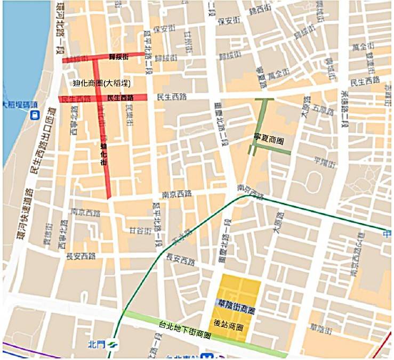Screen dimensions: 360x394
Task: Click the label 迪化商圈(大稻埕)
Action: tap(101, 83)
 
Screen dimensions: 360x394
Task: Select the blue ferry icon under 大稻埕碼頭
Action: tap(35, 114)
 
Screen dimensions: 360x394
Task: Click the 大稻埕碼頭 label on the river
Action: tap(20, 104)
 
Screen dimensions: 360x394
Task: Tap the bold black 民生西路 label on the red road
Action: tap(120, 98)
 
